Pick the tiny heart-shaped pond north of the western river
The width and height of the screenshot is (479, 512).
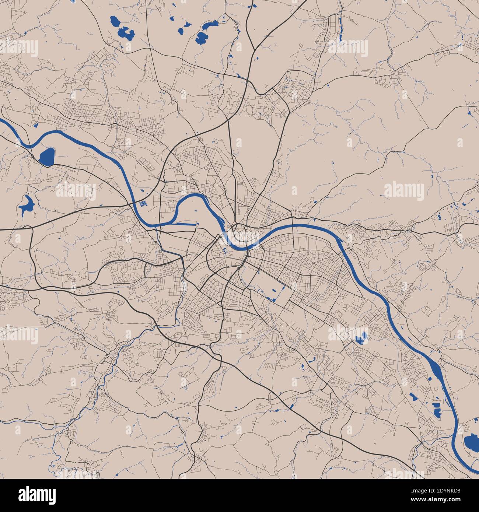[x=36, y=125]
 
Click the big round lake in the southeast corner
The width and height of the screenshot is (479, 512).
[x=471, y=441]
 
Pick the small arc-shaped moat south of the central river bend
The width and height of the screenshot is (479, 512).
[x=225, y=252]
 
